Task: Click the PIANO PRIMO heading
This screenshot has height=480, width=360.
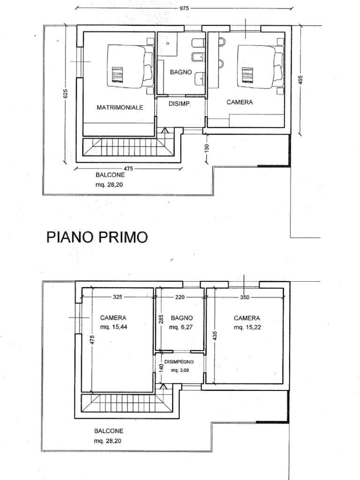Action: click(x=97, y=237)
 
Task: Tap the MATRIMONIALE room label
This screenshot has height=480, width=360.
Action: click(x=120, y=107)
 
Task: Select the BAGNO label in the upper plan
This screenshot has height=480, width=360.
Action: click(x=180, y=72)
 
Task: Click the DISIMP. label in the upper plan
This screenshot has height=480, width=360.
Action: click(x=180, y=104)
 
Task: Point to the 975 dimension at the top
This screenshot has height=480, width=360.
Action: click(x=184, y=8)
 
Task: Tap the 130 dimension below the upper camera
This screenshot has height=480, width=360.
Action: click(x=207, y=148)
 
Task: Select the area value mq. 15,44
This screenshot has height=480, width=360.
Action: click(x=113, y=327)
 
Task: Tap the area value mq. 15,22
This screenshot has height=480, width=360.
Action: click(x=247, y=327)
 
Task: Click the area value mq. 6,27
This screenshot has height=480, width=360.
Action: click(x=179, y=327)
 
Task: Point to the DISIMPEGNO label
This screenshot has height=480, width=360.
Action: click(x=179, y=361)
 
